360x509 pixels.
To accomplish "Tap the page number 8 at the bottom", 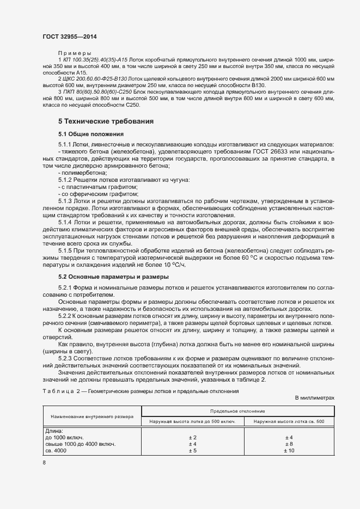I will (44, 463).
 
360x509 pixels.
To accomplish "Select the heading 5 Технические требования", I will (106, 121).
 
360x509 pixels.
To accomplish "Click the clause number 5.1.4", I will (66, 223).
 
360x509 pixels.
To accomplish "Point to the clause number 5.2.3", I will (66, 358).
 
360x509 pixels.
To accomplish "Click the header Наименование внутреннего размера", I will (92, 416).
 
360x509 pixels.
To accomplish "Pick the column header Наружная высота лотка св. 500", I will (289, 422).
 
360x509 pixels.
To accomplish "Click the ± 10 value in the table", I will (289, 451).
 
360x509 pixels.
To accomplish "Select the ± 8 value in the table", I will (289, 444).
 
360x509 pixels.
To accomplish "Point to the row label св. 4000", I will (56, 451).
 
